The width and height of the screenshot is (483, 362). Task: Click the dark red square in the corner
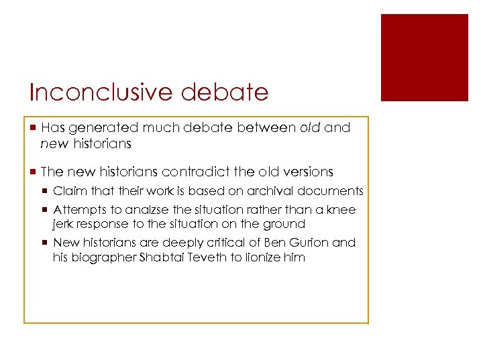click(x=424, y=58)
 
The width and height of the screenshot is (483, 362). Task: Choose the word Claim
click(x=68, y=191)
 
